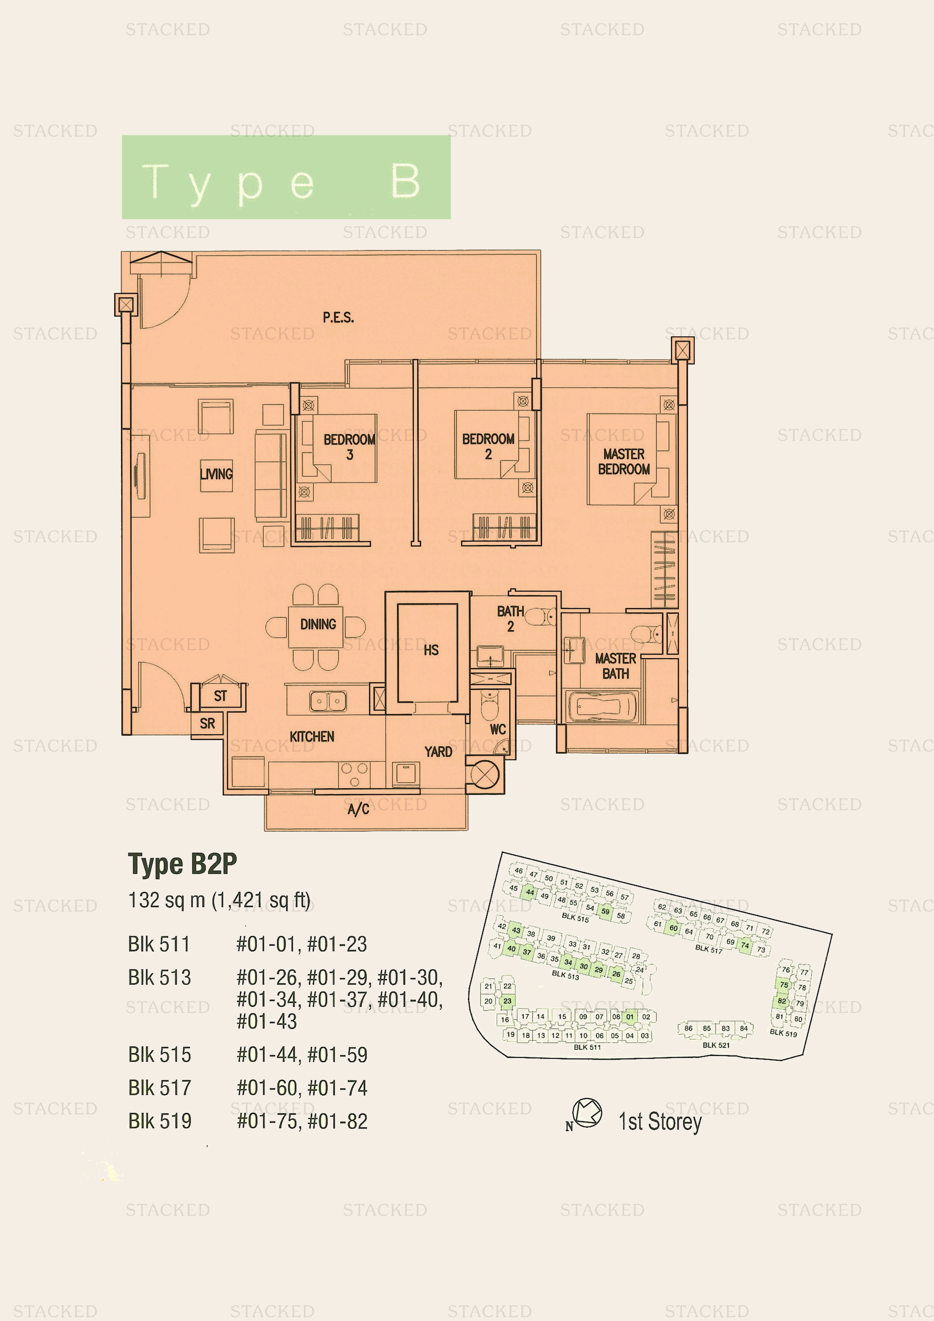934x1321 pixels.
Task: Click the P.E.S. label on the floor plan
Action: tap(338, 317)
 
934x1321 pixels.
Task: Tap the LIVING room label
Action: tap(217, 474)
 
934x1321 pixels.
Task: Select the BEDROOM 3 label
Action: tap(349, 447)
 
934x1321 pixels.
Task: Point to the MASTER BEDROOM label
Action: tap(624, 461)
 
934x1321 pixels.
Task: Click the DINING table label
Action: tap(318, 624)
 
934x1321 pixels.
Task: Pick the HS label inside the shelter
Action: tap(431, 650)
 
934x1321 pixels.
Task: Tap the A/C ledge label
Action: tap(358, 810)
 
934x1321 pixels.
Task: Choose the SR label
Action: tap(207, 723)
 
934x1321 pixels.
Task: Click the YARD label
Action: tap(438, 752)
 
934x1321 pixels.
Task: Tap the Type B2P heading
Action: tap(182, 864)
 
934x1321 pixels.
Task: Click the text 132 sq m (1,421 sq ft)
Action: tap(219, 900)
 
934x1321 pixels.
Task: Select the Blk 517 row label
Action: tap(159, 1088)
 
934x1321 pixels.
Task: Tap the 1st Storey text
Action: tap(660, 1121)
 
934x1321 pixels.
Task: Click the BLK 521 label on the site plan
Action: tap(716, 1045)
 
